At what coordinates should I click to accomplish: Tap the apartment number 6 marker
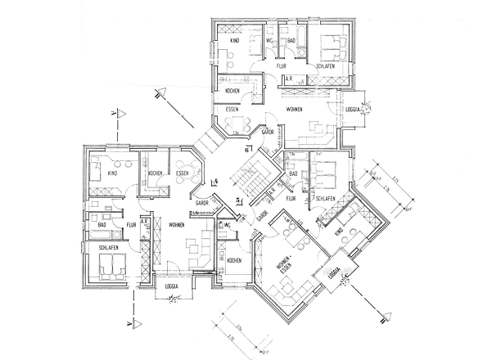pos(246,150)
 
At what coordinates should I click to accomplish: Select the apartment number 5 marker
pos(238,199)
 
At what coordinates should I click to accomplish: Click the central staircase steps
pos(246,176)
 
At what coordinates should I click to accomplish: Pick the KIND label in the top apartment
pos(233,40)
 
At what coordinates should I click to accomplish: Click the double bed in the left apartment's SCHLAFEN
pos(111,266)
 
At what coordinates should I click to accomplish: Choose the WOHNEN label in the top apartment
pos(295,108)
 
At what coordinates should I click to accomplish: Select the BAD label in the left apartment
pos(103,224)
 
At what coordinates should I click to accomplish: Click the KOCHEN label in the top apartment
pos(232,92)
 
